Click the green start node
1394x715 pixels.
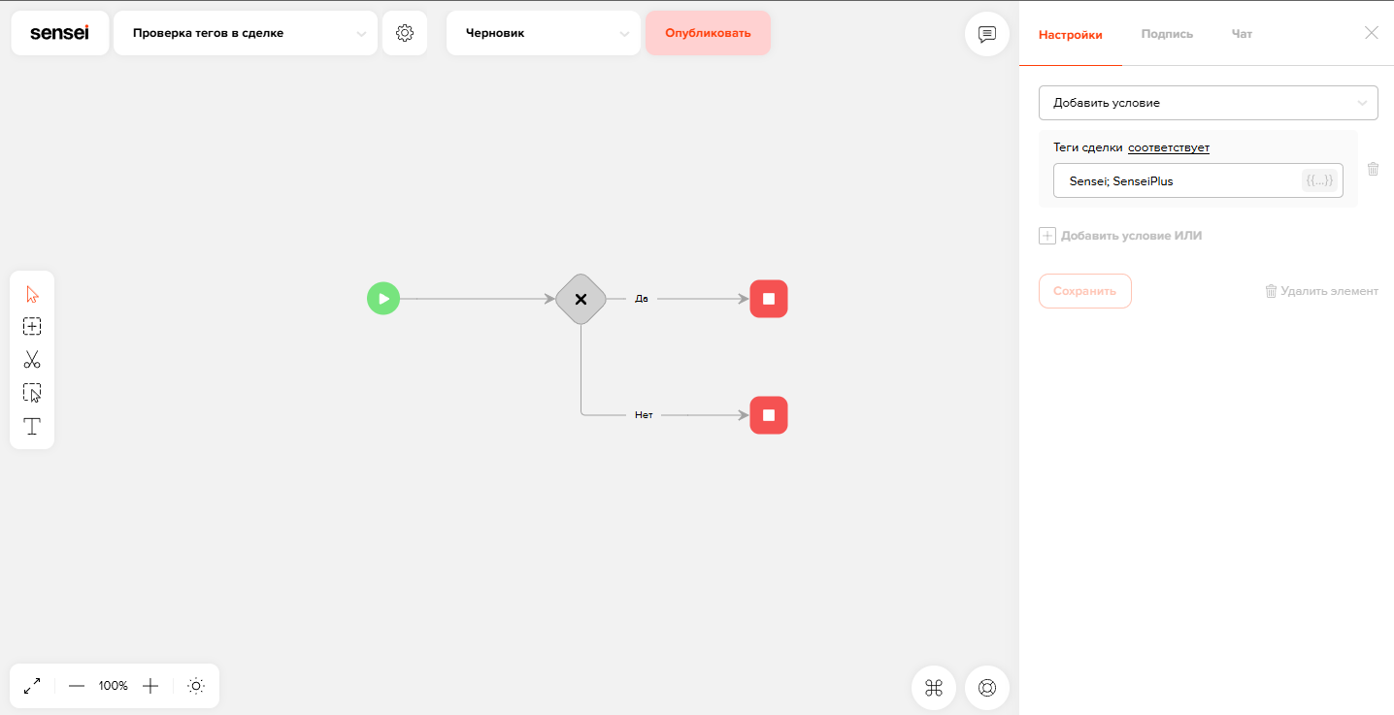(383, 299)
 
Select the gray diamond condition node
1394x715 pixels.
(581, 299)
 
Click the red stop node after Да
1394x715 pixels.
(769, 299)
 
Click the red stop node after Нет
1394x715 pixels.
(769, 415)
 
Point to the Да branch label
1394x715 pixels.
(641, 299)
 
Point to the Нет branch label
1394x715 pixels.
(644, 414)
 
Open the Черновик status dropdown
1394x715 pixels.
(544, 33)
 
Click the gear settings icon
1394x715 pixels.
(405, 33)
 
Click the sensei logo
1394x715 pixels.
(60, 33)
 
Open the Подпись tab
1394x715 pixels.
(1167, 34)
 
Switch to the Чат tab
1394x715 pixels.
(1242, 34)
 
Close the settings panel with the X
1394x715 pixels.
(1371, 33)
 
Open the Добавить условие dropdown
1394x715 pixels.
(1208, 103)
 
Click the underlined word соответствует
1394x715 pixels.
(1169, 147)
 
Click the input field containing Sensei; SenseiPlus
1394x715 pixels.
(1198, 180)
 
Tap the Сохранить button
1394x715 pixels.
(1084, 291)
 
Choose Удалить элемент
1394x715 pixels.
(1322, 291)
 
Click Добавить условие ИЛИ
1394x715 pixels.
(1120, 236)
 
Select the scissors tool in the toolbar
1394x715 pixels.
(32, 360)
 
